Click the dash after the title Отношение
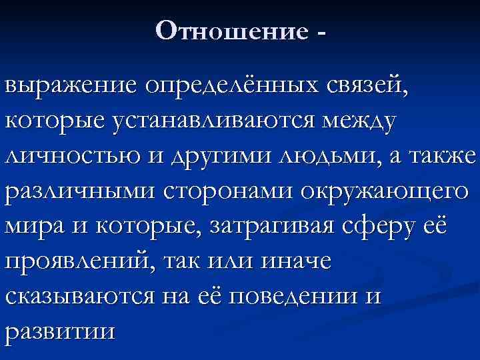323,31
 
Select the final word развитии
59,332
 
